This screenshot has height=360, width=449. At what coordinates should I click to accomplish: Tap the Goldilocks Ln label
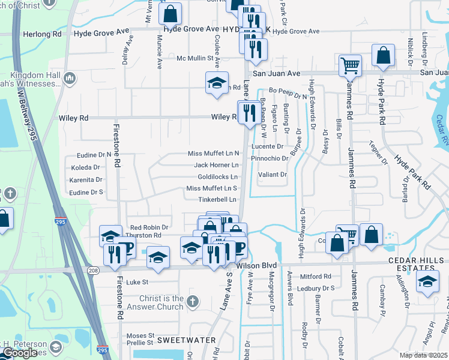click(218, 177)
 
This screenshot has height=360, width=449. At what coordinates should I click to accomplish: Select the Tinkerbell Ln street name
click(217, 199)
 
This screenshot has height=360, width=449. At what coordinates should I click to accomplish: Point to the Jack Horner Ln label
click(216, 165)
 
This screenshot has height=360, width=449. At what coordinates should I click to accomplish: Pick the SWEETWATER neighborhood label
click(186, 340)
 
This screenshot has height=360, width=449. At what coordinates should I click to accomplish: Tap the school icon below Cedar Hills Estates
click(427, 282)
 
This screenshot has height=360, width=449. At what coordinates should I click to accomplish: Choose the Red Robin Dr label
click(149, 227)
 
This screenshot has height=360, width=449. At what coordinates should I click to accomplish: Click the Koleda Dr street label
click(85, 167)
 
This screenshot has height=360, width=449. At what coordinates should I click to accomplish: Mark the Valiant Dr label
click(273, 175)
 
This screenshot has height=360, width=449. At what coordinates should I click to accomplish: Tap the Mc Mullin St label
click(195, 58)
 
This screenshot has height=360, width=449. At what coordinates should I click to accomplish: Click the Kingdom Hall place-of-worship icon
click(70, 77)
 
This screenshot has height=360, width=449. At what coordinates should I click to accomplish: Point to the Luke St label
click(137, 281)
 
